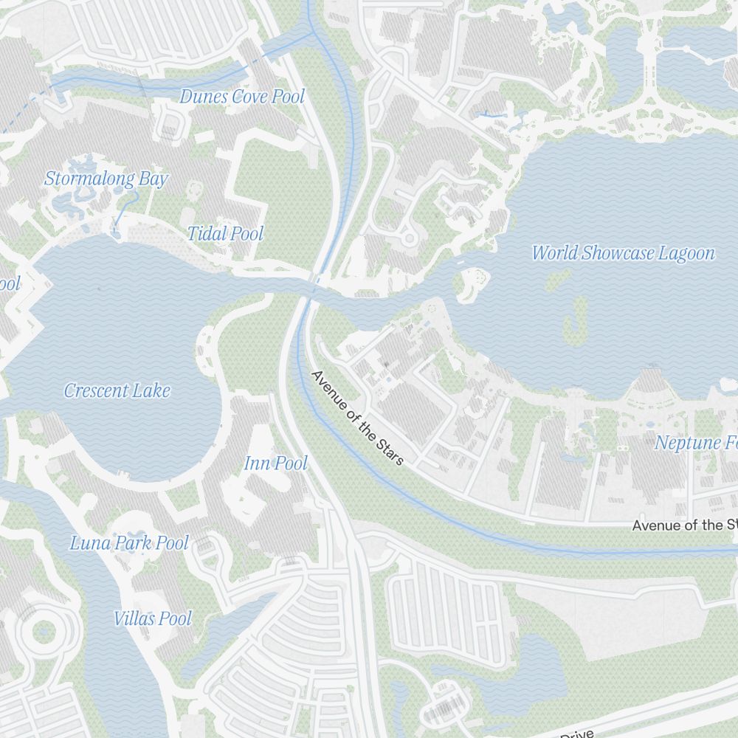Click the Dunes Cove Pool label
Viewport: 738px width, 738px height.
(241, 97)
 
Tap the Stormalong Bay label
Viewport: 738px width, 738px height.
(106, 179)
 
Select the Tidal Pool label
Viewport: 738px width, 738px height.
(225, 234)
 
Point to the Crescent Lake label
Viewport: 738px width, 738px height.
(117, 390)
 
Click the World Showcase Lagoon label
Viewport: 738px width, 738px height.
(623, 253)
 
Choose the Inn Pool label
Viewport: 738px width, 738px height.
(275, 463)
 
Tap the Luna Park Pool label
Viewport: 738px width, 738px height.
(129, 543)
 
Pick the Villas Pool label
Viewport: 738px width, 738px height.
(153, 618)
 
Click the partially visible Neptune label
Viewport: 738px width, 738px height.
(695, 443)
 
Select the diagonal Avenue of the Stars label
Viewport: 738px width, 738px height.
(358, 418)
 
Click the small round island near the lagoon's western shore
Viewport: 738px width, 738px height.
(473, 283)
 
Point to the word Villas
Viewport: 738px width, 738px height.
(134, 618)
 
